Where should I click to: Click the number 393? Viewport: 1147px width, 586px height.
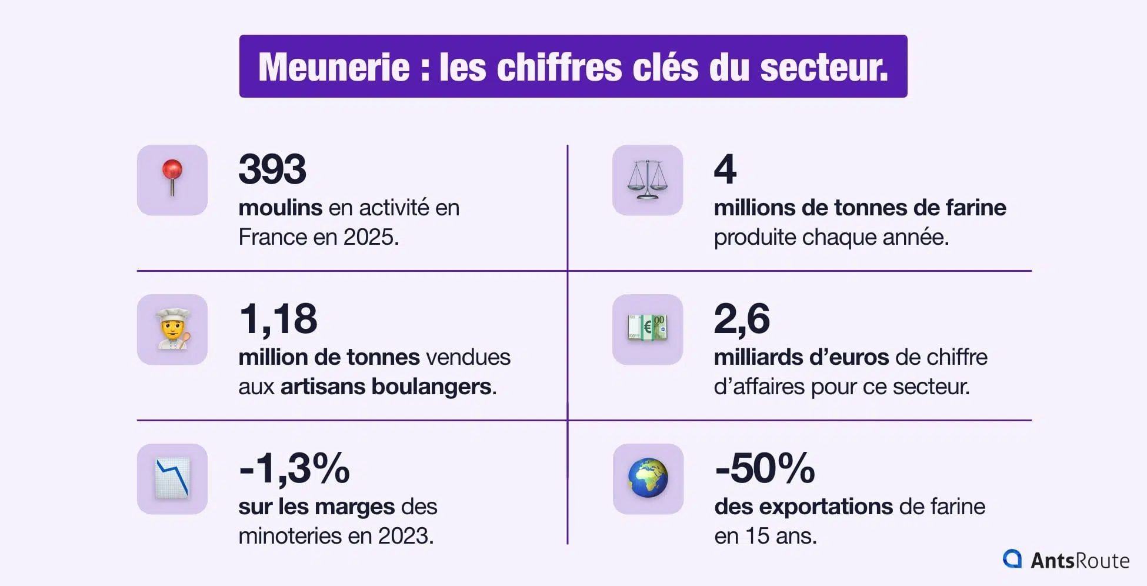click(x=272, y=169)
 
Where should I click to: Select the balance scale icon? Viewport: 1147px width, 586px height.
click(x=648, y=179)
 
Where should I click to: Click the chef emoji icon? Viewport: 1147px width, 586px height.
click(x=172, y=329)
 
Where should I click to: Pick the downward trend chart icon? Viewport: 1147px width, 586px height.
click(x=172, y=478)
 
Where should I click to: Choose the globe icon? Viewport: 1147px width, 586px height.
click(x=648, y=478)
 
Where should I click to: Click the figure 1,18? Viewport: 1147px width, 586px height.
click(x=278, y=319)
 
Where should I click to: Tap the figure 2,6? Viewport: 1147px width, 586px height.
click(x=742, y=319)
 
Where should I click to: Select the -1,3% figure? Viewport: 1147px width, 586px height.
click(x=294, y=469)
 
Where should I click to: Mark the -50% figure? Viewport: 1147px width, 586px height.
click(x=765, y=469)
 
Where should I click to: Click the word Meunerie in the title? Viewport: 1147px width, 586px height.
click(x=334, y=67)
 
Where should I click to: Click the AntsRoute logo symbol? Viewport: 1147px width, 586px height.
click(x=1012, y=559)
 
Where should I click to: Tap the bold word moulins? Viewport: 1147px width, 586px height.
click(x=280, y=208)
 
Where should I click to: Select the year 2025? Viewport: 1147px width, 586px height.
click(x=369, y=237)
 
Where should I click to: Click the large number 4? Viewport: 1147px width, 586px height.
click(x=725, y=169)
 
